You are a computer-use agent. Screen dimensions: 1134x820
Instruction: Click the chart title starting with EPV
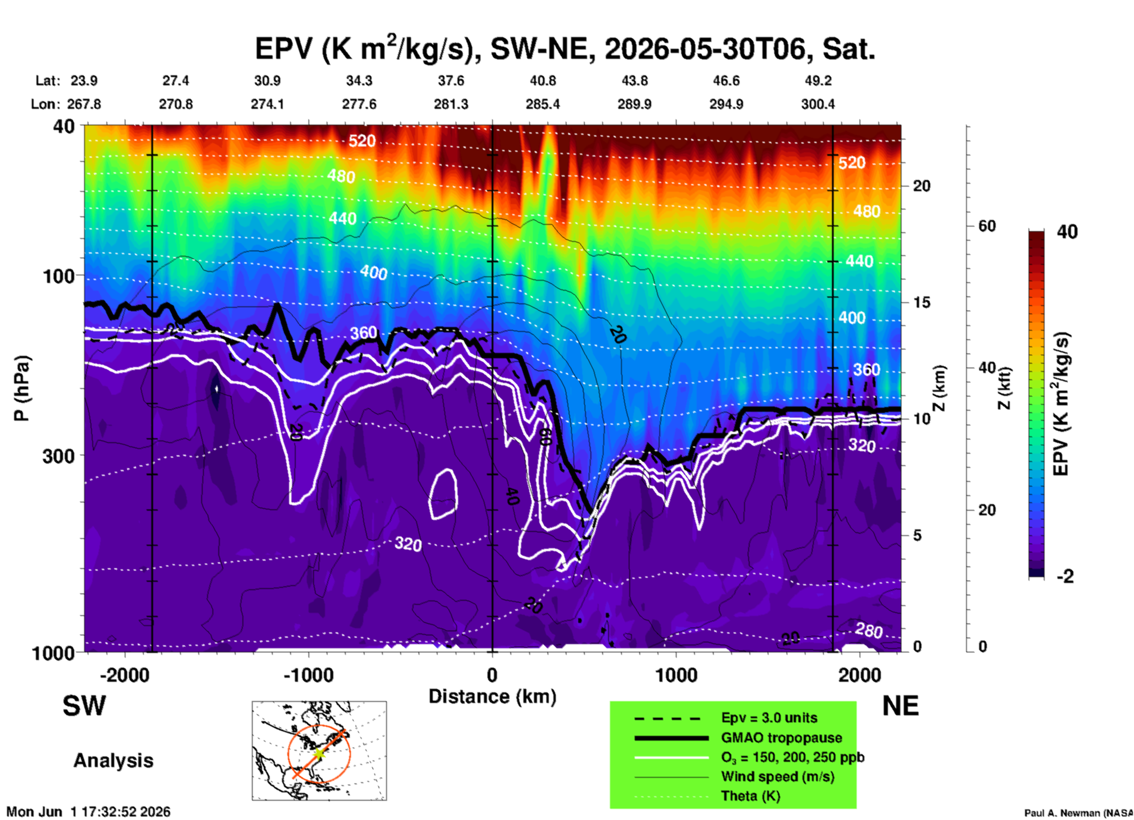click(x=565, y=48)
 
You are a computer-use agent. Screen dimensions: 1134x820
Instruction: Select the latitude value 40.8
click(x=542, y=81)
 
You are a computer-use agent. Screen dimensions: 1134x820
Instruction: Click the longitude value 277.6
click(x=359, y=104)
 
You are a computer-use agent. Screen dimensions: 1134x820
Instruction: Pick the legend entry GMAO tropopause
click(x=781, y=738)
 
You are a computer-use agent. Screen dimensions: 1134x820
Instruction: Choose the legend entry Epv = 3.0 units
click(x=769, y=718)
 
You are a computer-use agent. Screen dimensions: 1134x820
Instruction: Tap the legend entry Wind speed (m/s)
click(x=777, y=776)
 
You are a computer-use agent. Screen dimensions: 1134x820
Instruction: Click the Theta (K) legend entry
click(x=750, y=796)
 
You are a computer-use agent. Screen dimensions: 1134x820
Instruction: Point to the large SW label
click(x=84, y=706)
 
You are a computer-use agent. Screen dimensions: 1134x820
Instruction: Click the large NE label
click(x=900, y=706)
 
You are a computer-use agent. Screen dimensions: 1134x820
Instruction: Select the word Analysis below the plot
click(x=113, y=761)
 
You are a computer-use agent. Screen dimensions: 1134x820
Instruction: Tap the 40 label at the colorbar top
click(x=1067, y=232)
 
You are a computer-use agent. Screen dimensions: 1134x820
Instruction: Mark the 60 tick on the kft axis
click(x=987, y=226)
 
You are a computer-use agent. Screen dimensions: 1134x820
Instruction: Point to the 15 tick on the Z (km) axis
click(x=921, y=302)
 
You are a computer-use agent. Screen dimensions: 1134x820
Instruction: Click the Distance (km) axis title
click(x=492, y=696)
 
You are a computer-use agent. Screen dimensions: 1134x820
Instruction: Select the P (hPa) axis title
click(x=21, y=388)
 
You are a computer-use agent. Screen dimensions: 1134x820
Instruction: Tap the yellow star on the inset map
click(x=319, y=753)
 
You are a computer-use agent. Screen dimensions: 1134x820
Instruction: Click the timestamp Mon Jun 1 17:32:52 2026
click(x=88, y=812)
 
